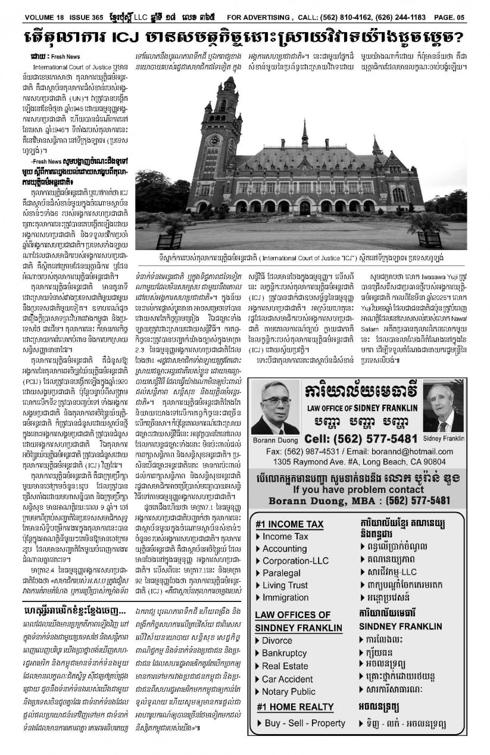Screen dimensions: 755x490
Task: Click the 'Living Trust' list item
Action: pos(285,585)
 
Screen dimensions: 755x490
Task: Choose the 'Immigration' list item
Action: pos(286,597)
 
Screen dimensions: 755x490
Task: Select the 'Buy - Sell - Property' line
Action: pos(304,723)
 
